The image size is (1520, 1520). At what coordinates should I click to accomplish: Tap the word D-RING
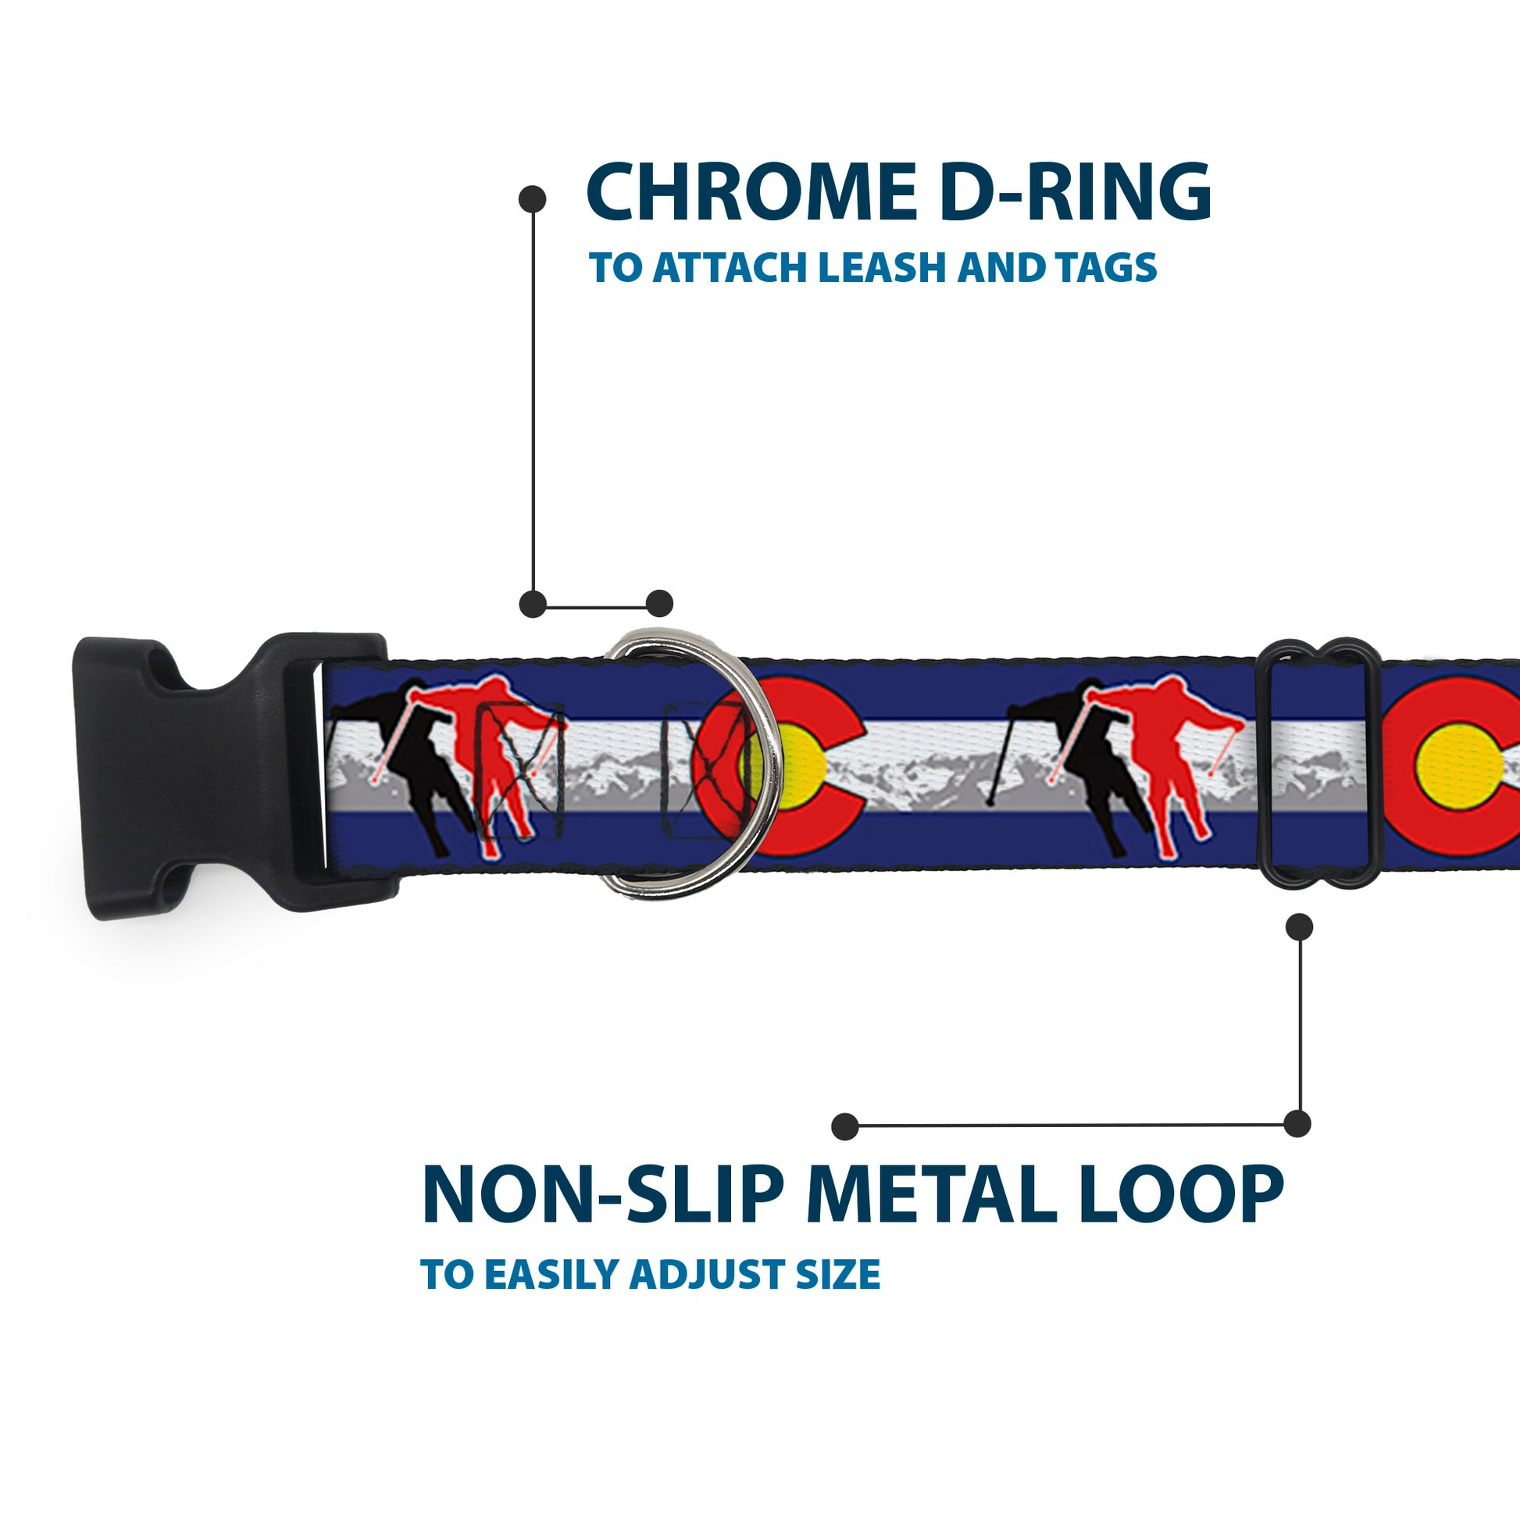point(1075,192)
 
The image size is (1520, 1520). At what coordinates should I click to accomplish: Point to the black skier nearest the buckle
point(409,755)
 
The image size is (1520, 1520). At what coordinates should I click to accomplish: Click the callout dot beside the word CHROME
point(533,199)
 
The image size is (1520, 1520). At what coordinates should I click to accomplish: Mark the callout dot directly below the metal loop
point(1299,927)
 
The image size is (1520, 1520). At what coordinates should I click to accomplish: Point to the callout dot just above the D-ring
point(659,604)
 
